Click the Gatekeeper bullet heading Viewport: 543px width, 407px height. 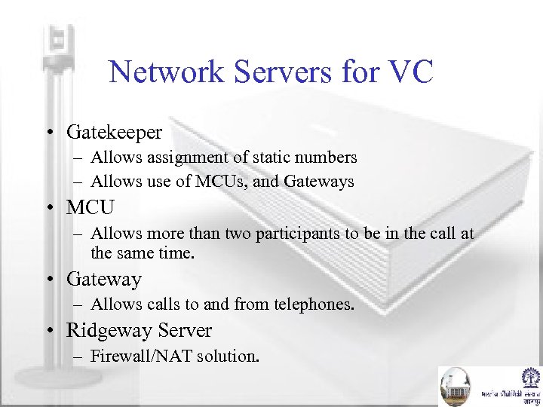pyautogui.click(x=114, y=133)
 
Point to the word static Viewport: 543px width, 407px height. pyautogui.click(x=273, y=158)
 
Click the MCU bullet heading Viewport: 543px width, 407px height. pyautogui.click(x=90, y=207)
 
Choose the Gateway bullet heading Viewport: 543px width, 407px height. pyautogui.click(x=103, y=280)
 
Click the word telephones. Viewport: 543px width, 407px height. pyautogui.click(x=316, y=304)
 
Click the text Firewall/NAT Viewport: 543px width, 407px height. pyautogui.click(x=141, y=356)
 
